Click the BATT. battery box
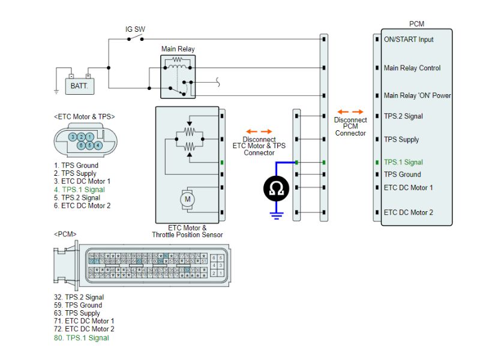tap(79, 86)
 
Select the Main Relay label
tap(178, 49)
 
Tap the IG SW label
tap(135, 29)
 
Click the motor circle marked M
tap(187, 199)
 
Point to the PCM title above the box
tap(416, 24)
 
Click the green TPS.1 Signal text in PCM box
tap(403, 162)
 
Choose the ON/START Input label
tap(409, 40)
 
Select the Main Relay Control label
tap(412, 68)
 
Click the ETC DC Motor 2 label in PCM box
tap(409, 212)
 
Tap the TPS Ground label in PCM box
tap(402, 175)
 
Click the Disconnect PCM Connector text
tap(350, 126)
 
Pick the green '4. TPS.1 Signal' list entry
tap(79, 190)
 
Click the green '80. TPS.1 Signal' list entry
tap(81, 338)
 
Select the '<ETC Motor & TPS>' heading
tap(84, 116)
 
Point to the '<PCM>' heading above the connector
tap(65, 234)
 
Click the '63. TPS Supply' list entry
tap(77, 313)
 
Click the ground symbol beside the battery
tap(55, 91)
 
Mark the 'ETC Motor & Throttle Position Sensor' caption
tap(187, 232)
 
